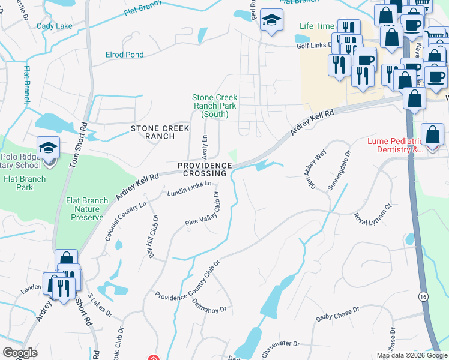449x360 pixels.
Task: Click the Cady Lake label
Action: click(x=54, y=26)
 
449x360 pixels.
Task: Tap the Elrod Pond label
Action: click(x=124, y=55)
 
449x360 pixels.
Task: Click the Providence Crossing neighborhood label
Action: click(x=204, y=169)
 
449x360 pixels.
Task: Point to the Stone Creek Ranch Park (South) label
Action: click(x=215, y=106)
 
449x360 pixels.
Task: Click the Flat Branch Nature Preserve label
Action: click(x=88, y=209)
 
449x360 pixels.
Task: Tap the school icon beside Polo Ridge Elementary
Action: click(x=48, y=148)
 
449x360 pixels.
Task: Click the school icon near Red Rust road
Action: click(x=272, y=20)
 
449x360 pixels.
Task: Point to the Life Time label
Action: click(x=316, y=26)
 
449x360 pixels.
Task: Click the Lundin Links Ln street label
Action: click(x=189, y=188)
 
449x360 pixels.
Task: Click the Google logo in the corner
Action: click(x=20, y=353)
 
